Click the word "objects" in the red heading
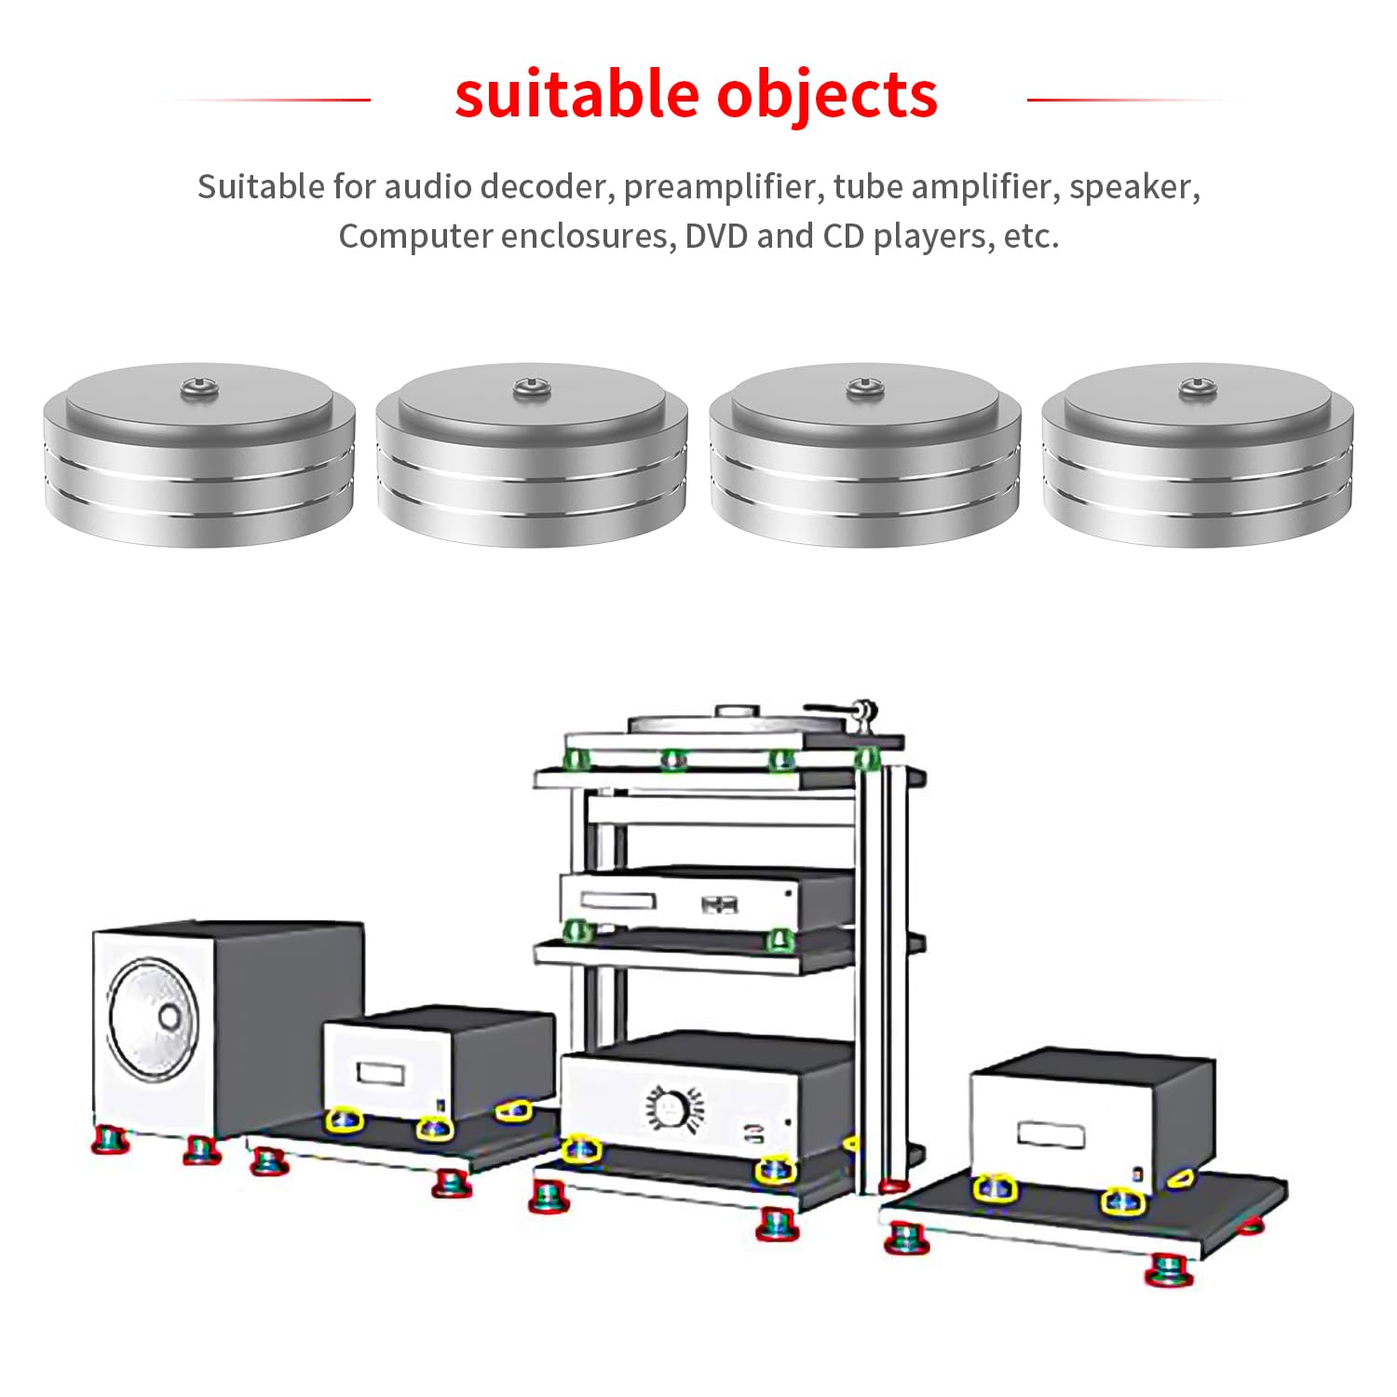tap(827, 95)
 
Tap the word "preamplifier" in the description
tap(720, 187)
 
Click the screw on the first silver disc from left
tap(197, 386)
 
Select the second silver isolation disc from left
tap(532, 454)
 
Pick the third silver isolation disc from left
tap(864, 454)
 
